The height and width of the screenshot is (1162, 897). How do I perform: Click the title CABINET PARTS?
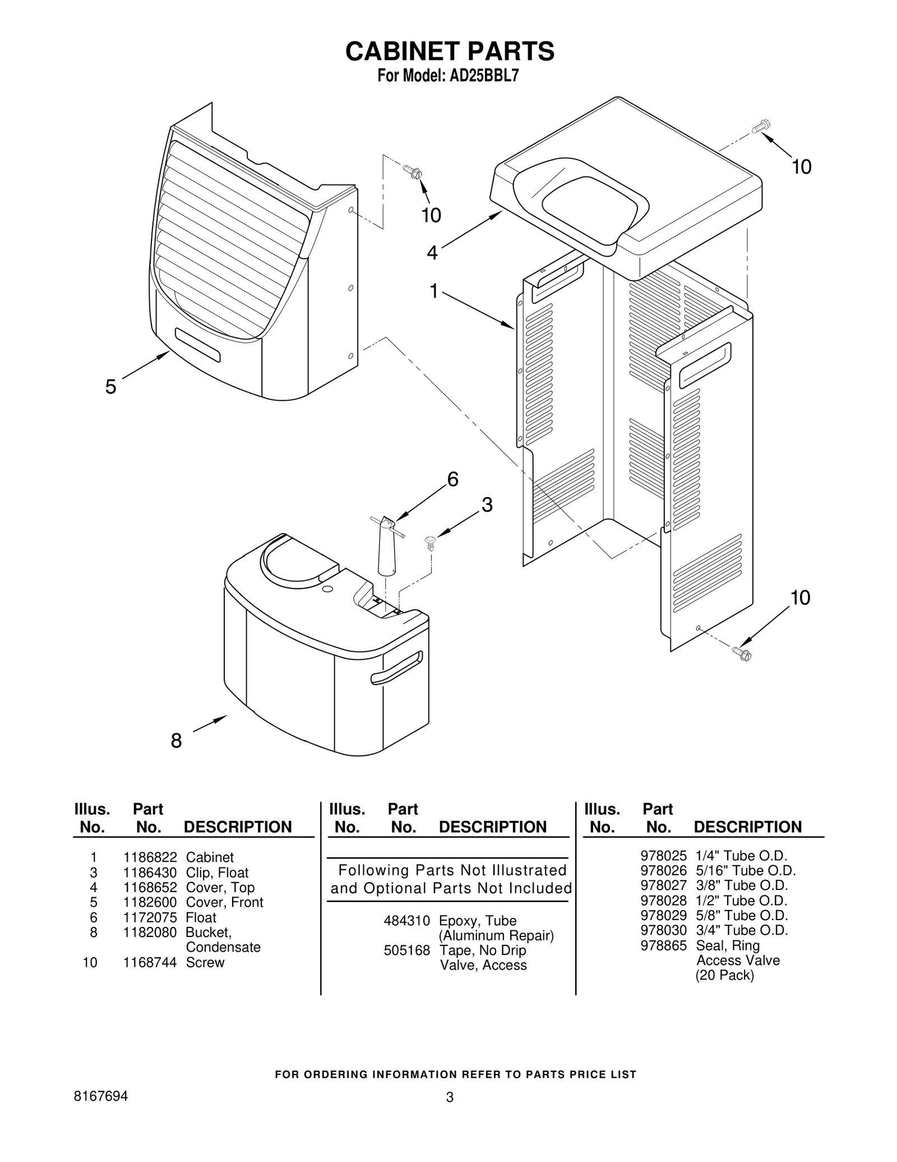tap(449, 51)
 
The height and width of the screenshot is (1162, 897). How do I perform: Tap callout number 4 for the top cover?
tap(432, 253)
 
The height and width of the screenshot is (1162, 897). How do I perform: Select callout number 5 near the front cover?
tap(111, 387)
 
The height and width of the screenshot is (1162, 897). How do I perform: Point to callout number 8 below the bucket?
tap(176, 741)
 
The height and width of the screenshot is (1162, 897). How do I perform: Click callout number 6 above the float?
tap(452, 480)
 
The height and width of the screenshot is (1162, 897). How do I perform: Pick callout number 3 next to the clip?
tap(487, 505)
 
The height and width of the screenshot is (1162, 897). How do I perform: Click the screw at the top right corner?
tap(761, 126)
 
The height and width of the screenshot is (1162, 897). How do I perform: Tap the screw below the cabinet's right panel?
tap(741, 653)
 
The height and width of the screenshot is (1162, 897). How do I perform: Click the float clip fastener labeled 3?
tap(431, 542)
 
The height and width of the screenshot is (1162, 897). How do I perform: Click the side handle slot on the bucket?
tap(396, 668)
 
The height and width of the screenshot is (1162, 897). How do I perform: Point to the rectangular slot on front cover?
tap(197, 345)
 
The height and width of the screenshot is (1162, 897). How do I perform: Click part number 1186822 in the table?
tap(150, 857)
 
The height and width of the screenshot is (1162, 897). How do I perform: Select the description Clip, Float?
tap(217, 872)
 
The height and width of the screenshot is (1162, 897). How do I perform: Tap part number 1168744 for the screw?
tap(150, 962)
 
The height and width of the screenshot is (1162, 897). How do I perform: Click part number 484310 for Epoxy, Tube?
tap(406, 921)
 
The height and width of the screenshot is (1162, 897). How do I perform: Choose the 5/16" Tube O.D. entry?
tap(746, 871)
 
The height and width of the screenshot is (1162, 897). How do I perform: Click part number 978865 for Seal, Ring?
tap(663, 945)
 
